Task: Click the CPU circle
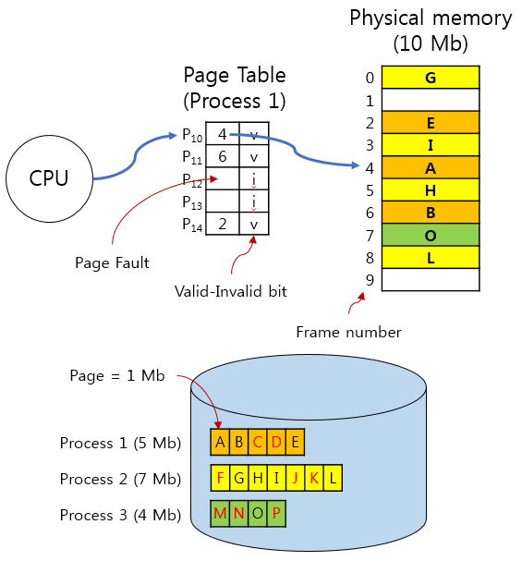pos(49,178)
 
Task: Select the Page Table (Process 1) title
pos(235,87)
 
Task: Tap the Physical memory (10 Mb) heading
pos(430,30)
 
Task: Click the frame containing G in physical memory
pos(431,78)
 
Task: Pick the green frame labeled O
pos(431,235)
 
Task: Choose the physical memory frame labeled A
pos(431,168)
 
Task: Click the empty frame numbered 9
pos(431,279)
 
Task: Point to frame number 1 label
pos(370,101)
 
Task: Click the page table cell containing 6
pos(223,157)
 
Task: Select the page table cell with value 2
pos(223,224)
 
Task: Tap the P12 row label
pos(191,179)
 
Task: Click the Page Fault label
pos(112,263)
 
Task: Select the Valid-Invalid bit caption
pos(231,291)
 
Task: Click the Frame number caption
pos(348,331)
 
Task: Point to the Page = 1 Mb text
pos(117,375)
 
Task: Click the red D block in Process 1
pos(276,443)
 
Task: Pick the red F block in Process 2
pos(220,479)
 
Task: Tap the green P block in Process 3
pos(276,514)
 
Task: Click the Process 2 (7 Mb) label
pos(120,479)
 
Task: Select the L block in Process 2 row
pos(333,479)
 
